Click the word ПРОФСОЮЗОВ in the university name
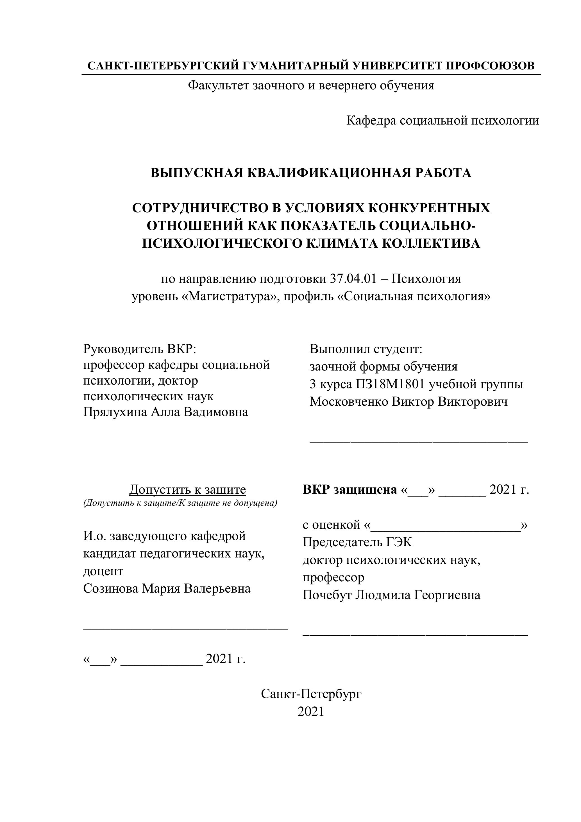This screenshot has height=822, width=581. click(491, 66)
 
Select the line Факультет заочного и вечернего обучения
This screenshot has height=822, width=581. click(311, 85)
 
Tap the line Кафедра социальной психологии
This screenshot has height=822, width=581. click(442, 121)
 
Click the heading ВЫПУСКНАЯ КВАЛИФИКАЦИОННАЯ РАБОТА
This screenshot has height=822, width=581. click(311, 173)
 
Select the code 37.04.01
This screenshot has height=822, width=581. click(353, 279)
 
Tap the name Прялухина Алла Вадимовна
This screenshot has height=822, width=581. click(166, 412)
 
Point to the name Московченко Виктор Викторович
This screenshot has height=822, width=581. click(408, 402)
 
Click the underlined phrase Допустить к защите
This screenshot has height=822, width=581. click(187, 489)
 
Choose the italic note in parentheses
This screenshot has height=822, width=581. click(180, 503)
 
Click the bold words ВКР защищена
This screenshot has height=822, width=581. click(350, 489)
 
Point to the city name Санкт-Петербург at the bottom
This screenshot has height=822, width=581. click(311, 694)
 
